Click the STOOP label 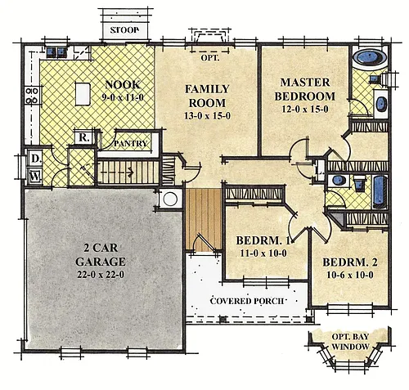tap(124, 29)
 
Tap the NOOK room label tap(123, 85)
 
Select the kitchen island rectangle tap(83, 94)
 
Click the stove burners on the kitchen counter tap(32, 96)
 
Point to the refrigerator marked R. tap(83, 137)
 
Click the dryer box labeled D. tap(35, 159)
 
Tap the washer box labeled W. tap(35, 177)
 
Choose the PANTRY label tap(131, 144)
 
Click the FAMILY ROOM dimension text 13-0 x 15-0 tap(207, 116)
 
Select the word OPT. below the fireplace tap(210, 58)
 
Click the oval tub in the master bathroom tap(370, 57)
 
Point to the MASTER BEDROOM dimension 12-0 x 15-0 tap(305, 110)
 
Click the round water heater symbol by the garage tap(170, 199)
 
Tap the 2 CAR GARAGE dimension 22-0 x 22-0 tap(101, 275)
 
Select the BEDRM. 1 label tap(263, 240)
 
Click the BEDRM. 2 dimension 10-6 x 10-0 tap(350, 275)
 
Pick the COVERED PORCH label tap(247, 301)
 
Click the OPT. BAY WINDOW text tap(350, 342)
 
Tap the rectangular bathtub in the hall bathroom tap(380, 192)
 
